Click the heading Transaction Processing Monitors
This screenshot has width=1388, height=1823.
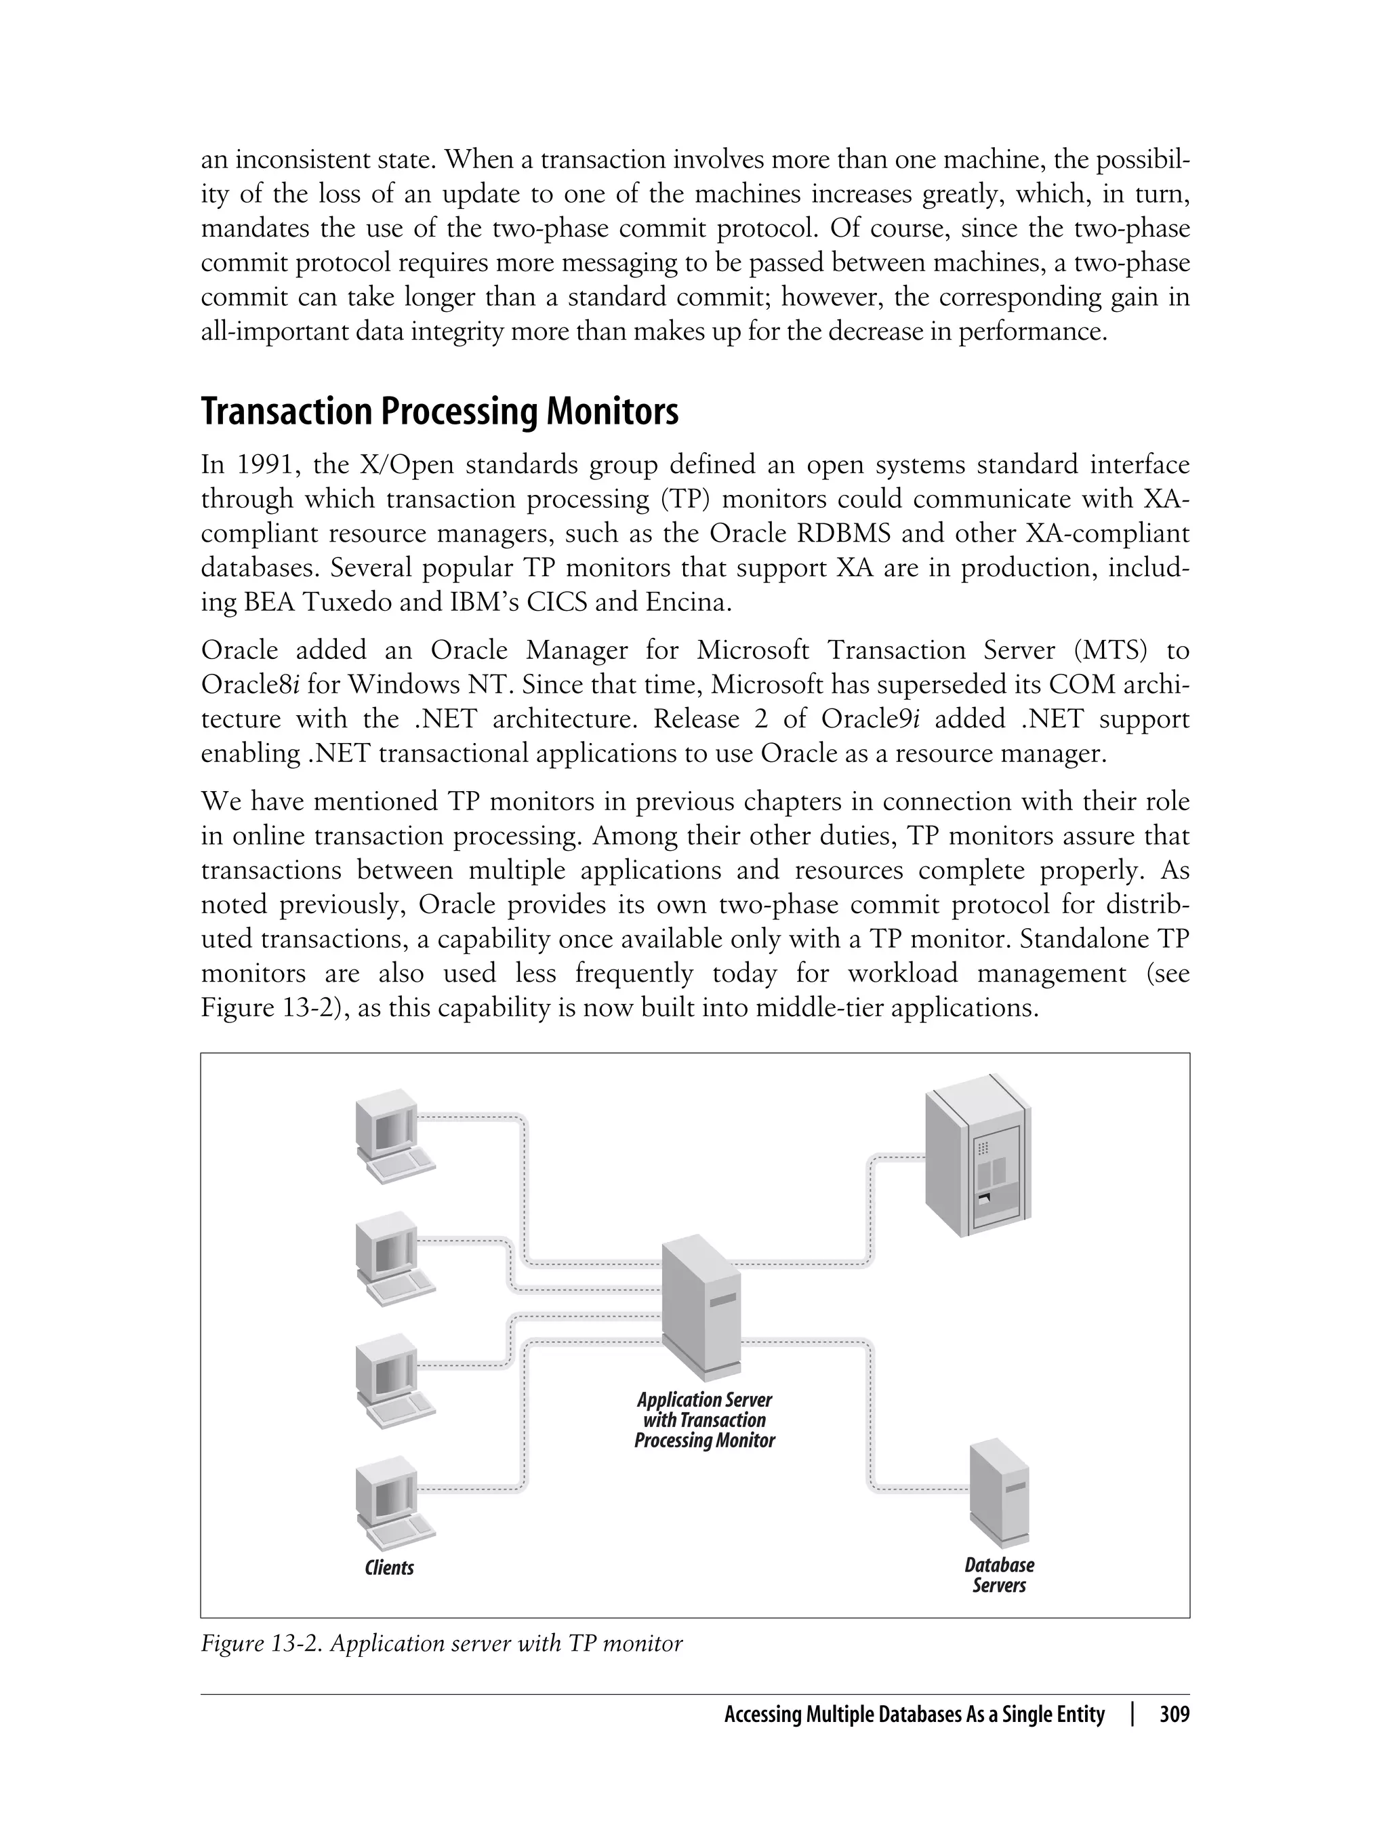click(440, 412)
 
